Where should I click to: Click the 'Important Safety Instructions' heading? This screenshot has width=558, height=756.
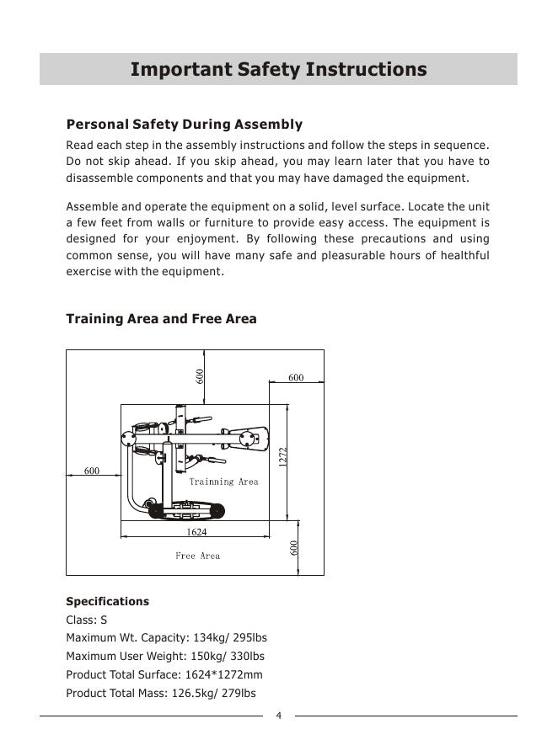(278, 69)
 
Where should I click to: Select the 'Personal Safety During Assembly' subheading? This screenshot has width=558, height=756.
(184, 125)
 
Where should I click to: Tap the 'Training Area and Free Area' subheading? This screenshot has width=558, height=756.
(161, 319)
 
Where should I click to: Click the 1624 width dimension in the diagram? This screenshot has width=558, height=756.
(196, 532)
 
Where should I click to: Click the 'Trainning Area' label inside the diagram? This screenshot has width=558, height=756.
(223, 482)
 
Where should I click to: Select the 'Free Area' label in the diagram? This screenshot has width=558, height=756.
(197, 556)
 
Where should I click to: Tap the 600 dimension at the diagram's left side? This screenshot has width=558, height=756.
(91, 471)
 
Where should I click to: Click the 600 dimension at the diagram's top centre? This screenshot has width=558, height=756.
(201, 376)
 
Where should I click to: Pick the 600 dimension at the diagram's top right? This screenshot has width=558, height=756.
(296, 378)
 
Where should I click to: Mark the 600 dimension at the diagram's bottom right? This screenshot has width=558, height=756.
(294, 547)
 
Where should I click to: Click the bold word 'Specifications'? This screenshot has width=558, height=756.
(107, 601)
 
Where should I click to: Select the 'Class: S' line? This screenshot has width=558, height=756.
(87, 620)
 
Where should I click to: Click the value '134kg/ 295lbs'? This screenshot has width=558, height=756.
(231, 638)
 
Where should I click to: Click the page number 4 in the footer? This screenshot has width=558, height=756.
(279, 716)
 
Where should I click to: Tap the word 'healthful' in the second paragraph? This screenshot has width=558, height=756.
(463, 255)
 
